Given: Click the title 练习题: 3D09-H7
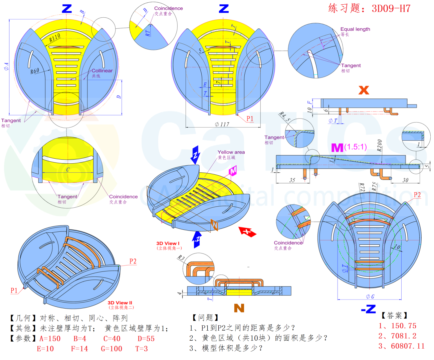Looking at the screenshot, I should tap(369, 8).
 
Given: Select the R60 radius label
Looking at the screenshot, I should tap(35, 71).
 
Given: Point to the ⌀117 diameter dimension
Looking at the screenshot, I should tap(222, 124).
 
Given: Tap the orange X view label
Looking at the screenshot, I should tap(364, 90).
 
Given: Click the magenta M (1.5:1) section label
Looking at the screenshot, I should tap(349, 147).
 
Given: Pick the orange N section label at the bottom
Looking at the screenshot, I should tap(239, 308).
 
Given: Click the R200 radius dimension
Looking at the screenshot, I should tap(380, 146).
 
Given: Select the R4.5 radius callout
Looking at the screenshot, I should tap(284, 117).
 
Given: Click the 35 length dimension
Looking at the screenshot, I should tap(292, 180).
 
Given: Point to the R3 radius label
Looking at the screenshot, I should tap(181, 258).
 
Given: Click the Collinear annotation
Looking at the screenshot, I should tap(102, 71).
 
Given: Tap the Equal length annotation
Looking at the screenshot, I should tap(355, 29).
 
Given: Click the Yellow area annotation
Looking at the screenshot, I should tap(231, 152).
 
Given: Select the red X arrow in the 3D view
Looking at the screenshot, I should tap(247, 231).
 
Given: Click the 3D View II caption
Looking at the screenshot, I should tap(120, 303).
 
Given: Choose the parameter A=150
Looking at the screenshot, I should tap(50, 339).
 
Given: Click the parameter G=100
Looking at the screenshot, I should tap(112, 349).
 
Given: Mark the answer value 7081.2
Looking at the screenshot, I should tap(397, 336).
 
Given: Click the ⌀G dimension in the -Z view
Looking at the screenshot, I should tap(370, 297).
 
